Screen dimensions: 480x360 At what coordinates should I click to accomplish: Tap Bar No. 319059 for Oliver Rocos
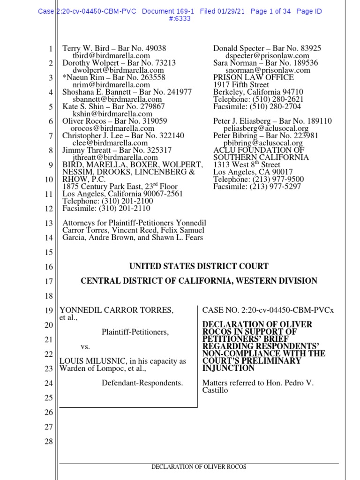click(141, 121)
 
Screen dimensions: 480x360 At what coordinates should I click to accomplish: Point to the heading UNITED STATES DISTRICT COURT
click(199, 266)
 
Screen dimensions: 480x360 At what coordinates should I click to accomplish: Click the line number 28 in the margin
click(48, 442)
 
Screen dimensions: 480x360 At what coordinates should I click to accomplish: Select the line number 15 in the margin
click(48, 253)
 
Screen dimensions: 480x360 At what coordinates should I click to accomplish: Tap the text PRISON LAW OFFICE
click(254, 77)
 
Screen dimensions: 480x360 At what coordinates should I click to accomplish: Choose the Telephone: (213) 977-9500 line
click(258, 179)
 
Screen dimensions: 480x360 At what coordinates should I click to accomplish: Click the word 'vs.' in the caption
click(85, 347)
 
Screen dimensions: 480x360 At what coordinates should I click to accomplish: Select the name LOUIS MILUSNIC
click(89, 361)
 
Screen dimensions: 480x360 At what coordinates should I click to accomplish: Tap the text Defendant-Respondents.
click(142, 383)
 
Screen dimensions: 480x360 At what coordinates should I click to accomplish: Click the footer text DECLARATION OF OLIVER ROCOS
click(198, 467)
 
